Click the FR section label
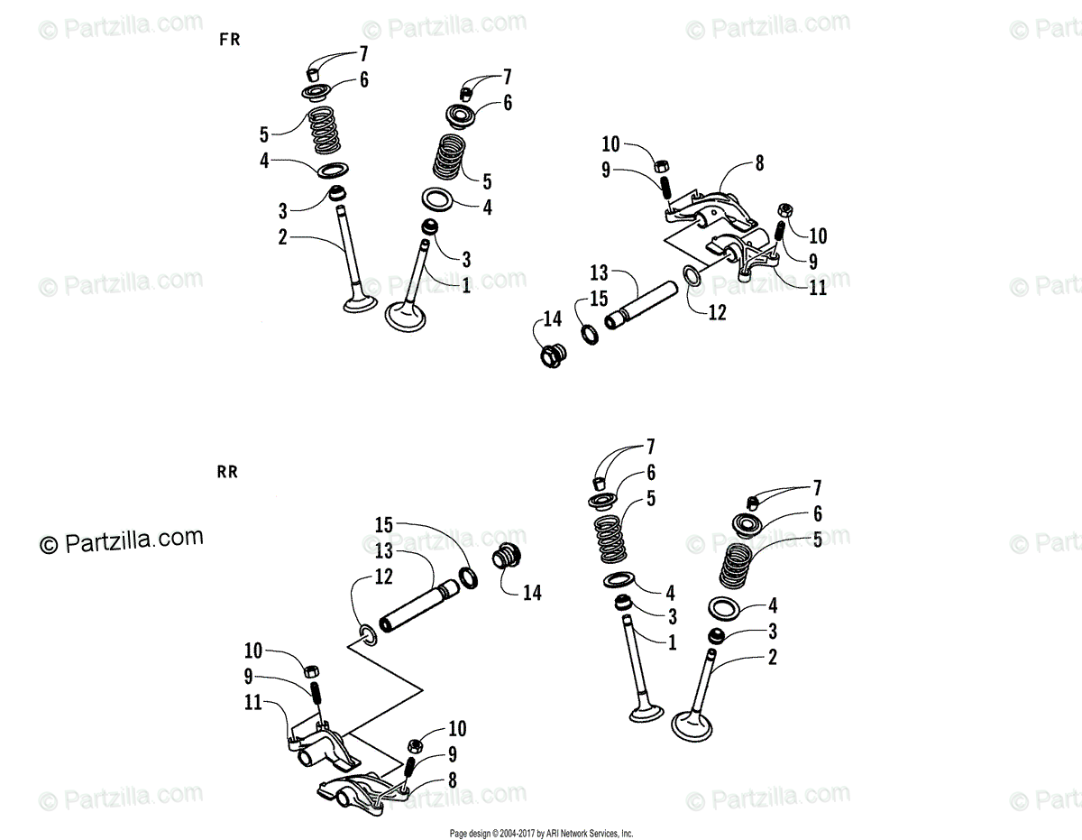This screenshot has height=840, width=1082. (x=230, y=40)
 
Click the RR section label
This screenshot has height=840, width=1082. (x=227, y=472)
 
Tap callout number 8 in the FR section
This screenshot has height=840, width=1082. (x=758, y=164)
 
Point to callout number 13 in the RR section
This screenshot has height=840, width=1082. (x=384, y=551)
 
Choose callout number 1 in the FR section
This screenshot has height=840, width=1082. (x=465, y=286)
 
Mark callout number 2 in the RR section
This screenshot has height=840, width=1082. (x=772, y=658)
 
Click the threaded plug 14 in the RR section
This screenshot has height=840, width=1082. (x=507, y=558)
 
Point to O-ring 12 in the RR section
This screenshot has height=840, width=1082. (x=368, y=634)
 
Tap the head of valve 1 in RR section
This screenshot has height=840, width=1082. (x=646, y=712)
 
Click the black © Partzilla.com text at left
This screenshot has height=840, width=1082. (x=121, y=541)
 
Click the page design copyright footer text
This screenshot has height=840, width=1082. (x=541, y=834)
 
